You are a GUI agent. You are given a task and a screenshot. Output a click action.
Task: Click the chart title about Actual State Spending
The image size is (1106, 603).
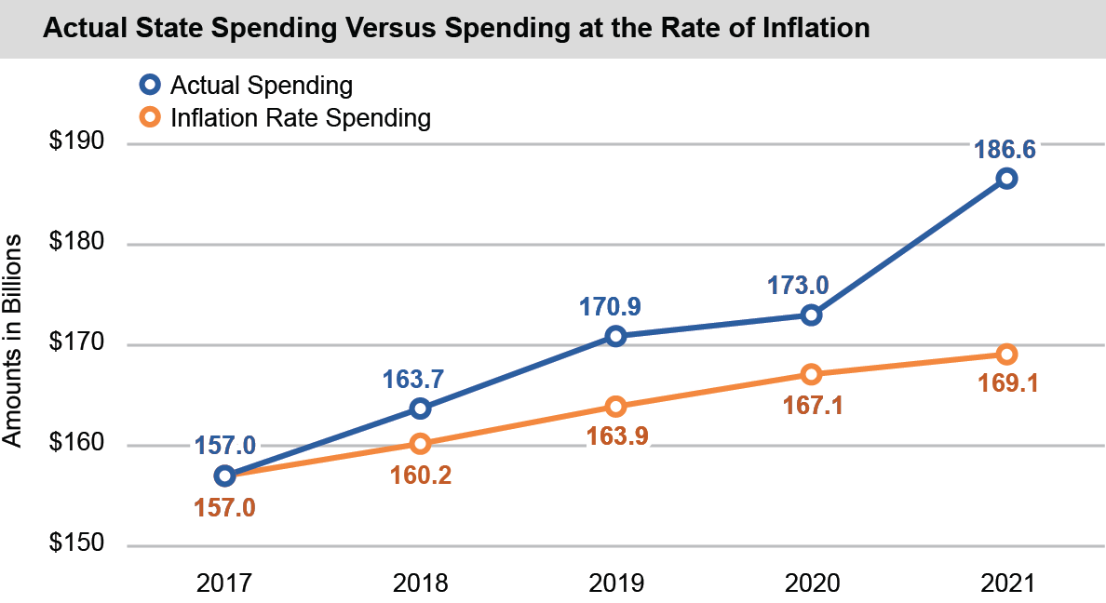click(x=456, y=29)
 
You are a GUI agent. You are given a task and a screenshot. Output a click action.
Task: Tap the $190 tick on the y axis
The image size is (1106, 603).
click(x=76, y=143)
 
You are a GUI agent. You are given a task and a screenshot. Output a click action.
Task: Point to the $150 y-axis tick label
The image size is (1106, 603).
click(x=76, y=545)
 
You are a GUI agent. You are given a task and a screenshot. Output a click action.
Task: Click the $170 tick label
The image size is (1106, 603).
click(x=76, y=345)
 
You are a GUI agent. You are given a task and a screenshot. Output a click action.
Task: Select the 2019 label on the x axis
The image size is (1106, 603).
click(x=615, y=583)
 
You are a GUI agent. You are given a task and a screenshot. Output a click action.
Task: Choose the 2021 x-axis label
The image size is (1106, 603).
click(x=1006, y=583)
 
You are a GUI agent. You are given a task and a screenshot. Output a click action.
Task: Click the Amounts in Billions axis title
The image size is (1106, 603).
click(x=13, y=341)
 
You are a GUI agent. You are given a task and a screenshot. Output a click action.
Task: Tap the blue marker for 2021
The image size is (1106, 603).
click(x=1006, y=179)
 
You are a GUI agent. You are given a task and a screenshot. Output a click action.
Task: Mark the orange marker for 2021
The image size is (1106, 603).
click(x=1006, y=355)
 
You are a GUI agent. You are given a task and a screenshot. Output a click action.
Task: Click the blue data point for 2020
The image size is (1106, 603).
click(x=811, y=315)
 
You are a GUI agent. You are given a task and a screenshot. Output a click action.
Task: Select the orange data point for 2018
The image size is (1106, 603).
click(x=420, y=444)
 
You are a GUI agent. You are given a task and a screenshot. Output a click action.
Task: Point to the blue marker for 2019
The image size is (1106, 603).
click(x=615, y=336)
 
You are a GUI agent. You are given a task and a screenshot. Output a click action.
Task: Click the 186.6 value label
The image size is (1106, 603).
click(x=1005, y=149)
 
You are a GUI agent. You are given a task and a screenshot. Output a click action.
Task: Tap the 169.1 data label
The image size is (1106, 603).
click(x=1005, y=384)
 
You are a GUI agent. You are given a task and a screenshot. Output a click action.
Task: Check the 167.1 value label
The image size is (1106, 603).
click(x=812, y=405)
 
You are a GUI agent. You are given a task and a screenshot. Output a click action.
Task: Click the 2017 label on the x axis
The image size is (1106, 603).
click(x=224, y=583)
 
